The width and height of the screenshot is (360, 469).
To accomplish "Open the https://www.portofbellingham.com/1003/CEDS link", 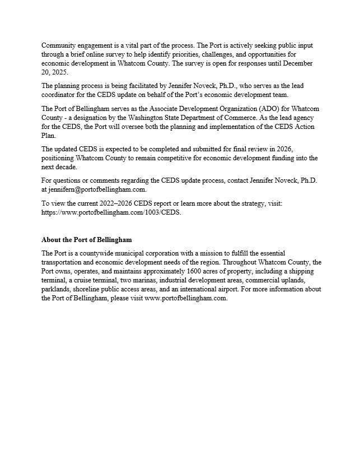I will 111,212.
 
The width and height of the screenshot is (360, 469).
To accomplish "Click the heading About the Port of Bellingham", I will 86,240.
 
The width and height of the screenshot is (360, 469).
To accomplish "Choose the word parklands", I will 57,289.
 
